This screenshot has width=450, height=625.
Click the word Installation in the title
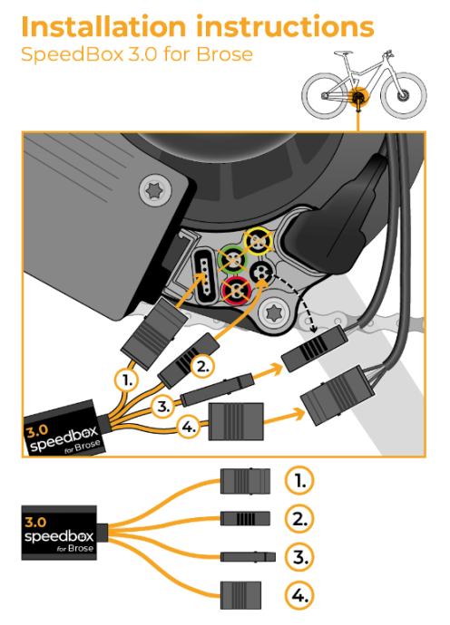pos(103,27)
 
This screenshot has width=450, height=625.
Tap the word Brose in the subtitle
pos(224,54)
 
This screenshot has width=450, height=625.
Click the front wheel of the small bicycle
pos(404,96)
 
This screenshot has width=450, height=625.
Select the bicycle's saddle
pos(343,53)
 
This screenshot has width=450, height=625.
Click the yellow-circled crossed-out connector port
pos(258,241)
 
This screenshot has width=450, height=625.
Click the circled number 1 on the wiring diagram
pos(127,381)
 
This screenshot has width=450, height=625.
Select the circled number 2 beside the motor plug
pos(202,366)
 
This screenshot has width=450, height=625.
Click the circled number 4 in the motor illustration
pos(189,428)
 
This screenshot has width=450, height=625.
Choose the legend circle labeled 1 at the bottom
pos(299,481)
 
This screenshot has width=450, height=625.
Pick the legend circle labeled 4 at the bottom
pos(299,595)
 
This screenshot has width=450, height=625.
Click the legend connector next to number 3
pos(248,556)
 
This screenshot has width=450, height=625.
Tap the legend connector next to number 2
pos(245,519)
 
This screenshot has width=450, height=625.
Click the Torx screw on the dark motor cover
pos(155,190)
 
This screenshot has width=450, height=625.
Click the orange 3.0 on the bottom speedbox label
pos(35,522)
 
